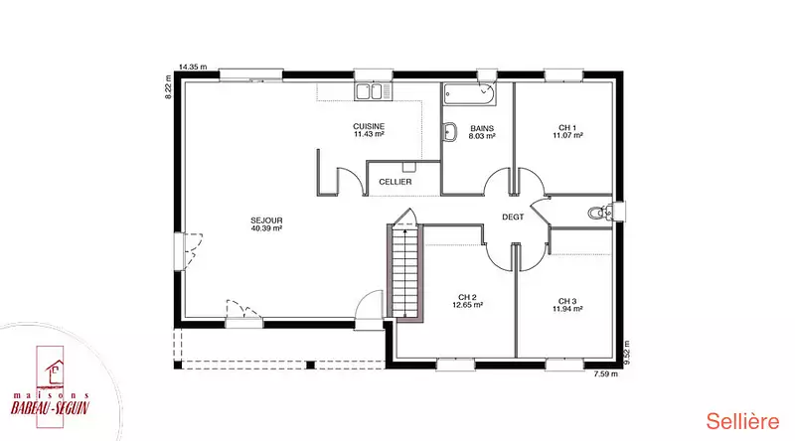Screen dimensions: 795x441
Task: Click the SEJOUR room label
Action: [x=266, y=220]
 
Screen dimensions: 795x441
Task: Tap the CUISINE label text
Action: [x=369, y=126]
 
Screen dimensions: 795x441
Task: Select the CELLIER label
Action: [x=395, y=182]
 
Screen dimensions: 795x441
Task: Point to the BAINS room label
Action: [x=482, y=129]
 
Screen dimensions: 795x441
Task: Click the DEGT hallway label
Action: [x=513, y=217]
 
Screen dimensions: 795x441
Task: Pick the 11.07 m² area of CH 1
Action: [x=567, y=135]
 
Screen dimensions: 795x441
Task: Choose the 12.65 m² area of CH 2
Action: [x=467, y=305]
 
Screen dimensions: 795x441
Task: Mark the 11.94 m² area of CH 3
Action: [x=567, y=308]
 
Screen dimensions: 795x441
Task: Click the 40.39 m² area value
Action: [x=266, y=228]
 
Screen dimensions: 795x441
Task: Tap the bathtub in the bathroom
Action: [x=469, y=94]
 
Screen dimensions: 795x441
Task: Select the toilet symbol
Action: [x=599, y=213]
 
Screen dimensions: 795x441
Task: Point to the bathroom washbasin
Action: [x=450, y=132]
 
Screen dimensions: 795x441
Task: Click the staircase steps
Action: [x=405, y=271]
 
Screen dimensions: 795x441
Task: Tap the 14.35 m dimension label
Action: [x=193, y=67]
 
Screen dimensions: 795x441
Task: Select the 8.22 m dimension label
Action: [x=169, y=86]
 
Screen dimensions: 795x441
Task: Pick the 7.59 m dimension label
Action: [x=605, y=374]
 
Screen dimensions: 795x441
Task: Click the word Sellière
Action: [x=742, y=421]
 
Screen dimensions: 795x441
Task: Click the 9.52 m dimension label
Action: [x=627, y=353]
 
